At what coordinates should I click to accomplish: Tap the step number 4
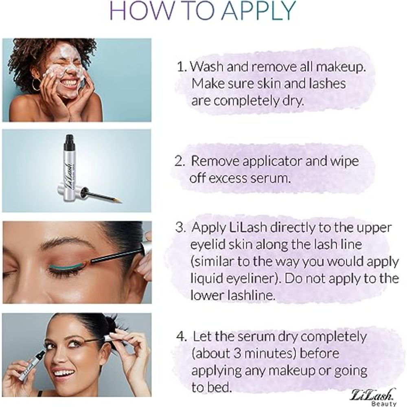(x=181, y=337)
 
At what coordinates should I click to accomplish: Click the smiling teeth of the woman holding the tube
(x=64, y=373)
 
